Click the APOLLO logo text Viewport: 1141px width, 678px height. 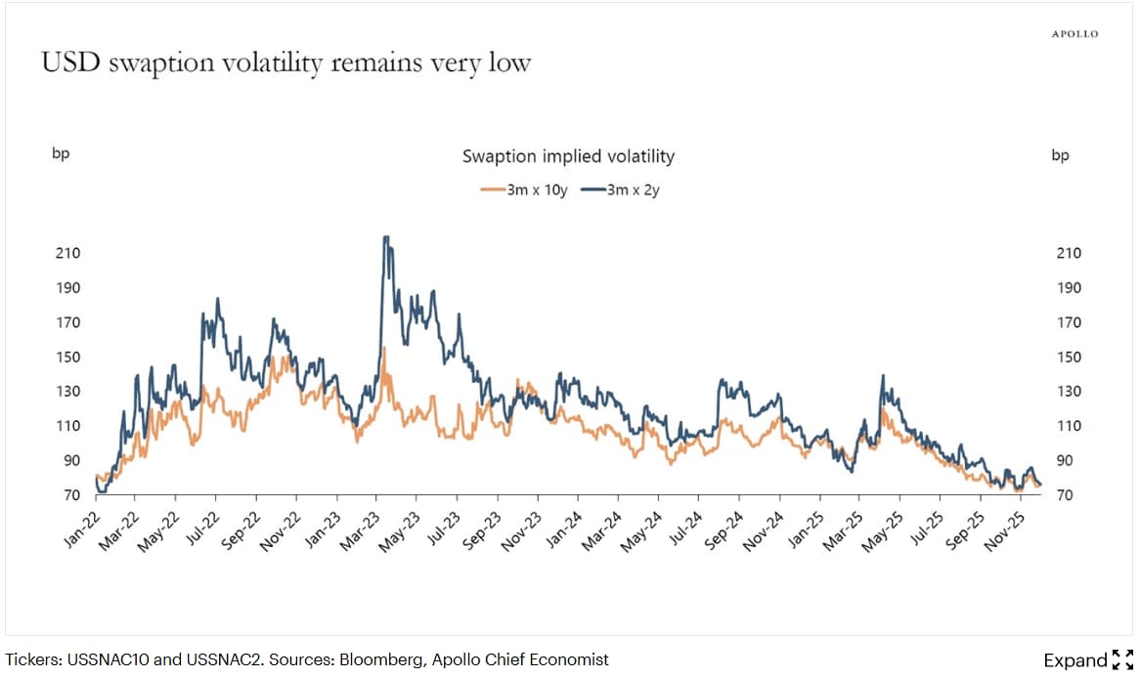pyautogui.click(x=1075, y=34)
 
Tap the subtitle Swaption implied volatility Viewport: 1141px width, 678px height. pyautogui.click(x=567, y=156)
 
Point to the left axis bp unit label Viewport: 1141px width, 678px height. pyautogui.click(x=61, y=155)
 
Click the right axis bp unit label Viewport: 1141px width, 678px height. pyautogui.click(x=1061, y=155)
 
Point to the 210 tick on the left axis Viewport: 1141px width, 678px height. pyautogui.click(x=68, y=254)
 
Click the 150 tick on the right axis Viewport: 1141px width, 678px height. pyautogui.click(x=1070, y=358)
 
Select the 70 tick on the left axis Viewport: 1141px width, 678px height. pyautogui.click(x=71, y=495)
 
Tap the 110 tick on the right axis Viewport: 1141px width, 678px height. pyautogui.click(x=1070, y=426)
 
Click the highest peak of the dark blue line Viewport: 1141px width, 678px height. pyautogui.click(x=386, y=236)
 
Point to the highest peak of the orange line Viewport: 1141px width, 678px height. pyautogui.click(x=385, y=349)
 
